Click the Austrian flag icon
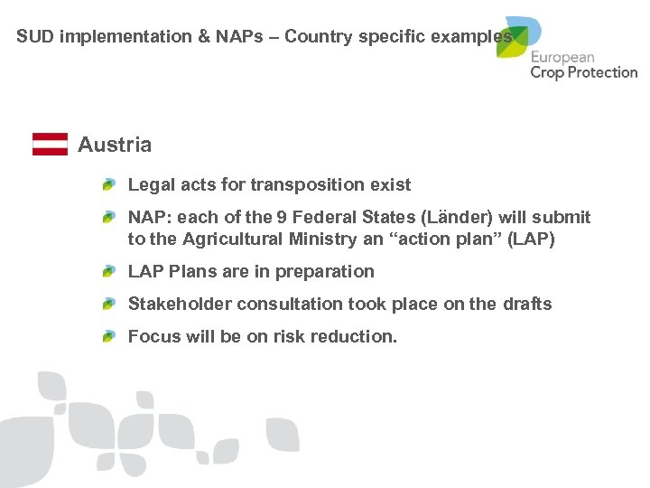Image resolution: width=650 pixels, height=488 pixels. [x=50, y=145]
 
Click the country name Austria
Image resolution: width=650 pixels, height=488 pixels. [x=115, y=145]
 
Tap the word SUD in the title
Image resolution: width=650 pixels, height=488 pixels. [x=33, y=37]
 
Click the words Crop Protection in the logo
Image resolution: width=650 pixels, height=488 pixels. [x=583, y=72]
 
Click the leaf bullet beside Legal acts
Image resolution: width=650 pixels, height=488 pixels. [x=108, y=184]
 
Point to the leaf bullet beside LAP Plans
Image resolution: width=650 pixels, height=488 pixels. [x=108, y=271]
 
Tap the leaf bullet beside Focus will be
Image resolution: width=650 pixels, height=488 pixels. [x=108, y=336]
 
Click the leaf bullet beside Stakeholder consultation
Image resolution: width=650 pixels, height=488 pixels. [x=108, y=304]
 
